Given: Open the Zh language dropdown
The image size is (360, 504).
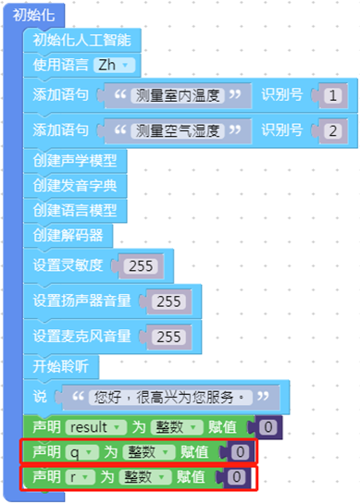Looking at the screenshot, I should (114, 65).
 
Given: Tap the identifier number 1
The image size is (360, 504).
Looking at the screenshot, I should (333, 94).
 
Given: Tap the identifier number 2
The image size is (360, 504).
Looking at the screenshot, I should (333, 129).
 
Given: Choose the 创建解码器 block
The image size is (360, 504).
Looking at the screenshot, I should (68, 235).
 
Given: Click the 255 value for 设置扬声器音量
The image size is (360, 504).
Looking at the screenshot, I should (169, 301).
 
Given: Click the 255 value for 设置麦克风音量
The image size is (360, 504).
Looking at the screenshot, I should (169, 337).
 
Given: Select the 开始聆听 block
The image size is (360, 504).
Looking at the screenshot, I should (61, 366).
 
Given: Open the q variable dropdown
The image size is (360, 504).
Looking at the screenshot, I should (77, 452).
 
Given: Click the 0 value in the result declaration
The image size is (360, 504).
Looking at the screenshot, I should (267, 428).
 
